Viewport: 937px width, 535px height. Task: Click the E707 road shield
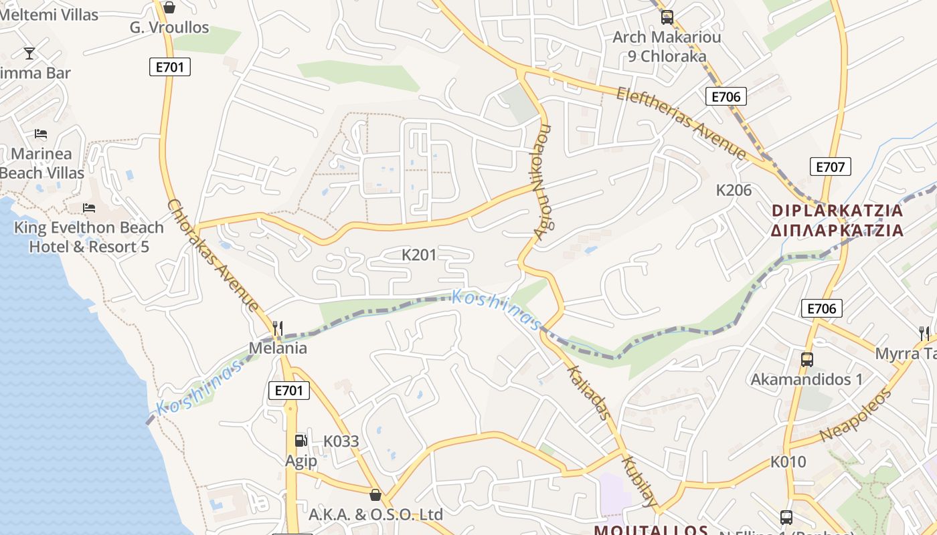(x=830, y=167)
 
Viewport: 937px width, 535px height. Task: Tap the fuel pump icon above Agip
(x=301, y=440)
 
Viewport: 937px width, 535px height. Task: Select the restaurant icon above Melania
(x=278, y=328)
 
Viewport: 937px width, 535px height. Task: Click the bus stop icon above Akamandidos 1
(x=806, y=359)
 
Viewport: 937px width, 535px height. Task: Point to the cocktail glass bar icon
(x=29, y=53)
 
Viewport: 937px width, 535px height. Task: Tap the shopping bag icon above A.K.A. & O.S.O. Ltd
(x=375, y=495)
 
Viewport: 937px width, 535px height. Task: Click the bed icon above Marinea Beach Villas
(x=41, y=134)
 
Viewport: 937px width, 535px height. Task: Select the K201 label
(x=419, y=255)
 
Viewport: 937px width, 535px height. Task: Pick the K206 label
(x=734, y=190)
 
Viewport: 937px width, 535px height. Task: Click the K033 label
(x=341, y=441)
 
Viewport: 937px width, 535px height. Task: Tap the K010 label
(x=788, y=461)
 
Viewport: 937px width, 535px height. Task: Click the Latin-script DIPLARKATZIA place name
(x=837, y=211)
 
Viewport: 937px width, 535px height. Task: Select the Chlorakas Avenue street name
(x=213, y=255)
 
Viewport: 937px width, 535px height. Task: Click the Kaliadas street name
(x=589, y=393)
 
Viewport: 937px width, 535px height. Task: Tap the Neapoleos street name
(x=856, y=415)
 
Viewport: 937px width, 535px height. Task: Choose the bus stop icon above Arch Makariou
(x=667, y=17)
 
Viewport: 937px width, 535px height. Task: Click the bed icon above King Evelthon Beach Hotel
(x=88, y=208)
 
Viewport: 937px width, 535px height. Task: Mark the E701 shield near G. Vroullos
(x=169, y=66)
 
